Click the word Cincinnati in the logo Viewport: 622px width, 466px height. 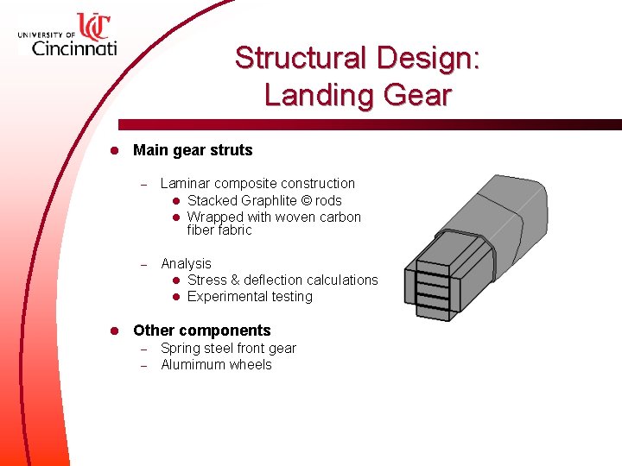click(73, 47)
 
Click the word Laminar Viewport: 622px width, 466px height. click(186, 183)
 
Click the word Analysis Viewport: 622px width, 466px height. click(186, 263)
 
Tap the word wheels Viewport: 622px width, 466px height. click(252, 365)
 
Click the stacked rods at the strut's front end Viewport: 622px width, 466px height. click(434, 281)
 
